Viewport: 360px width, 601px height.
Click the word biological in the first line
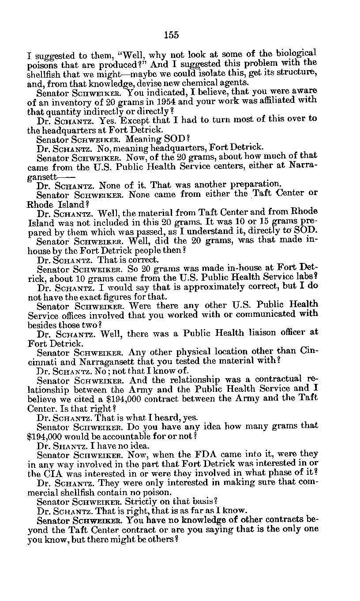295,53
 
